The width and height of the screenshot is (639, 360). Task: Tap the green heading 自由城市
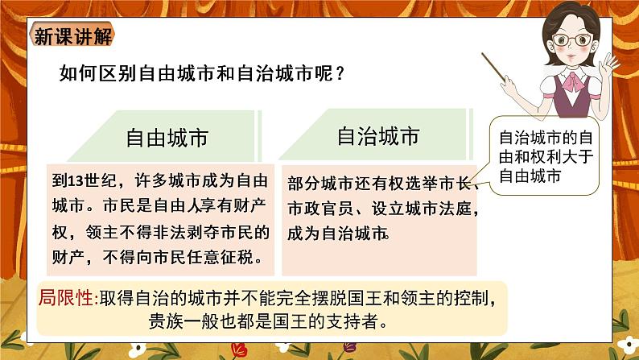click(x=167, y=138)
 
